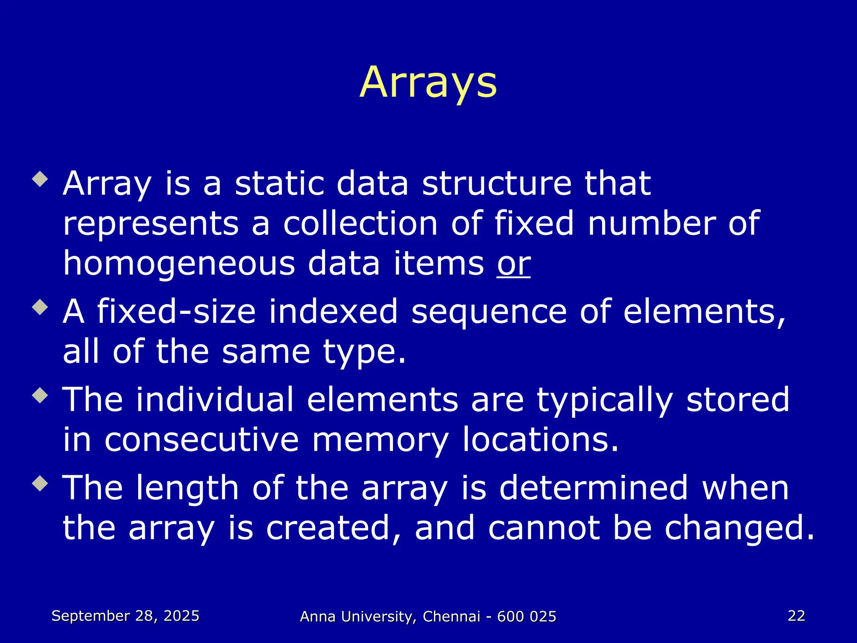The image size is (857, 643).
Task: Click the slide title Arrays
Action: point(428,82)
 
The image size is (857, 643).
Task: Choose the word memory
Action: point(380,440)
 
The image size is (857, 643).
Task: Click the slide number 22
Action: point(796,615)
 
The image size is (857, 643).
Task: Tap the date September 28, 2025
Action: point(125,616)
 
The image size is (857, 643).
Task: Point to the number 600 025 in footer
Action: point(526,617)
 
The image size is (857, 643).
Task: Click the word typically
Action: point(605,400)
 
